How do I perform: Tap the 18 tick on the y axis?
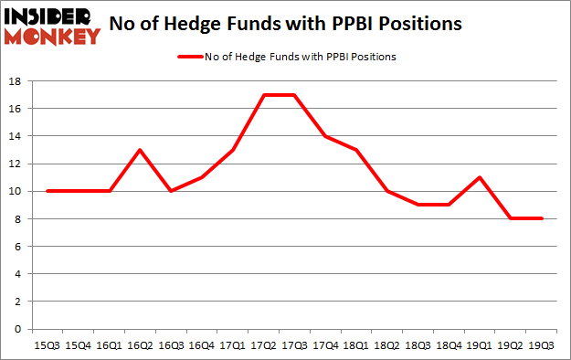point(16,81)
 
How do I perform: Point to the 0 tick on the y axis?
point(18,329)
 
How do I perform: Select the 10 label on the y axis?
point(16,191)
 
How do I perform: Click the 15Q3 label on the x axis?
point(45,345)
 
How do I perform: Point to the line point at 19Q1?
point(480,177)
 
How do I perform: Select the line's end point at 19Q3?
point(542,218)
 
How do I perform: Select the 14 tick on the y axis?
point(16,136)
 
